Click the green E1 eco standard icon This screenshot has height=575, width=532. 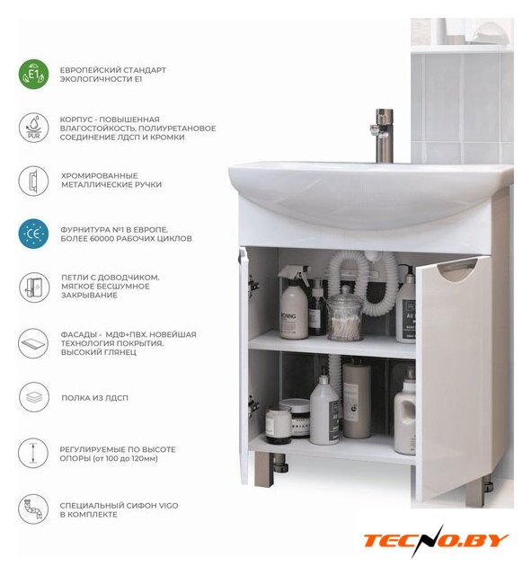[33, 75]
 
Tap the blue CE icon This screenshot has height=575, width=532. [33, 234]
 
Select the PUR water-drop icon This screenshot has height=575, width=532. [33, 128]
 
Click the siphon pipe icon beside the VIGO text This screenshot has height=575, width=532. [33, 509]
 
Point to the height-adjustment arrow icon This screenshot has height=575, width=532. [33, 453]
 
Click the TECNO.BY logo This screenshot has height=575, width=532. [436, 540]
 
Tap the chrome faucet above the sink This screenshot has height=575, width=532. [383, 136]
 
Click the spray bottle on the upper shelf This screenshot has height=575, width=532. [294, 303]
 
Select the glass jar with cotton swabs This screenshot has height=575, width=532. [345, 314]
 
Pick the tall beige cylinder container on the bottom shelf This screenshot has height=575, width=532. [356, 400]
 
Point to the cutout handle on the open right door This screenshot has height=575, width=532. [459, 271]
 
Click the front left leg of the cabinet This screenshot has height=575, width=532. [263, 469]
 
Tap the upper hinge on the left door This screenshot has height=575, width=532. [253, 285]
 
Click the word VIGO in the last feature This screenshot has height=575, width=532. [168, 505]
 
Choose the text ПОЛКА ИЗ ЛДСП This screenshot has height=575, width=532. [94, 398]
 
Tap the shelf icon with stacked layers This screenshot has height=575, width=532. [33, 397]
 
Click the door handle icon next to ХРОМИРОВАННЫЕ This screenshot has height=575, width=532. [33, 181]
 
